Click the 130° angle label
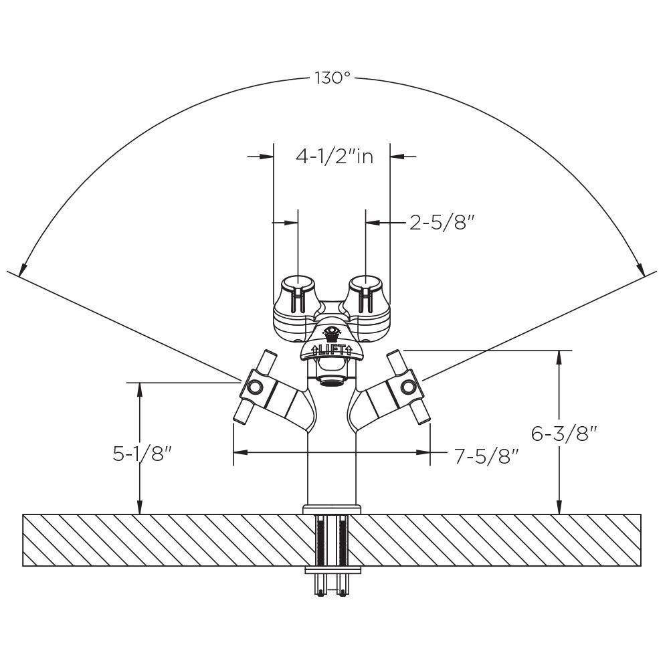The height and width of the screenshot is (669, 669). [x=332, y=78]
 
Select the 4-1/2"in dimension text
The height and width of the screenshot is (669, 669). [x=334, y=156]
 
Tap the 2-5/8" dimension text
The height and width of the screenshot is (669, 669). [x=442, y=222]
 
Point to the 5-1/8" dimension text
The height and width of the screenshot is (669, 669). [x=142, y=454]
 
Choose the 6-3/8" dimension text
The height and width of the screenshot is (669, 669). [x=563, y=434]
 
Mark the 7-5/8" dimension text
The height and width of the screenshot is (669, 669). [x=487, y=456]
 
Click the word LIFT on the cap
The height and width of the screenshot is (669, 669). [x=331, y=351]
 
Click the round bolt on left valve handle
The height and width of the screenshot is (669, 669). [x=255, y=387]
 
